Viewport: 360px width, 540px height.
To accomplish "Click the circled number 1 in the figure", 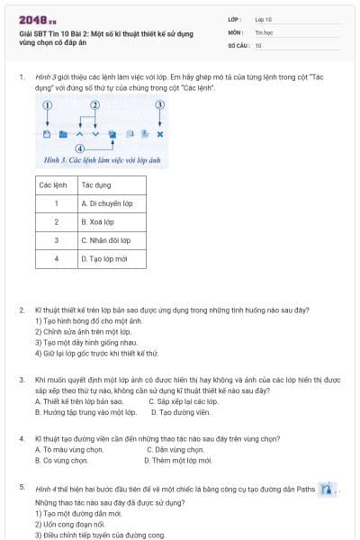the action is pos(48,105).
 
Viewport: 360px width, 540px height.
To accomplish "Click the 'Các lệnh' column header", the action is pos(55,184).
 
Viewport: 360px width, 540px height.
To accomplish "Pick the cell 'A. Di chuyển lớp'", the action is pos(106,203).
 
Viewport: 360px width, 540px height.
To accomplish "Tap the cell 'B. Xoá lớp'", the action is pos(97,221).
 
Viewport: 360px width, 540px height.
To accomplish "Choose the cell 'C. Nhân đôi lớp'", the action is pos(105,240).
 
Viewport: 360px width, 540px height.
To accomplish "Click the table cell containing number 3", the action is pos(56,240).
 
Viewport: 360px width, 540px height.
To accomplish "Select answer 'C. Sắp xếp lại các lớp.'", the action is pos(184,401).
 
